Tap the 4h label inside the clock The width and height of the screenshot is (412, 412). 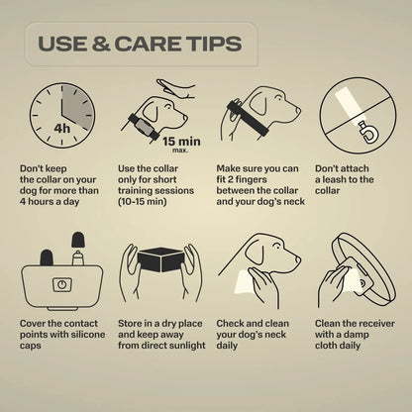pyautogui.click(x=62, y=128)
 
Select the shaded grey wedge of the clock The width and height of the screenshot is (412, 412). pyautogui.click(x=77, y=105)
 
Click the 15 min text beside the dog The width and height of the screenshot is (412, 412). pyautogui.click(x=181, y=142)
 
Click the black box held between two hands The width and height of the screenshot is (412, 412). pyautogui.click(x=160, y=259)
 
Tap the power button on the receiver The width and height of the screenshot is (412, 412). pyautogui.click(x=61, y=284)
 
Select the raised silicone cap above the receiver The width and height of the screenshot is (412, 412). pyautogui.click(x=78, y=240)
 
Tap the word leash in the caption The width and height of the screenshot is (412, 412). pyautogui.click(x=335, y=179)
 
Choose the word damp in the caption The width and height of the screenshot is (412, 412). pyautogui.click(x=356, y=335)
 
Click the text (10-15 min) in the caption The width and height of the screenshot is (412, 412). pyautogui.click(x=143, y=201)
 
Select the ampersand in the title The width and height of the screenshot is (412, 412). pyautogui.click(x=101, y=44)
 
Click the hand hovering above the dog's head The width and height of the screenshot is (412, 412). pyautogui.click(x=176, y=87)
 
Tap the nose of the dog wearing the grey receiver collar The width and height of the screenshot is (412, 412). pyautogui.click(x=185, y=118)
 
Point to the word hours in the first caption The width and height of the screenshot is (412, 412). pyautogui.click(x=41, y=201)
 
